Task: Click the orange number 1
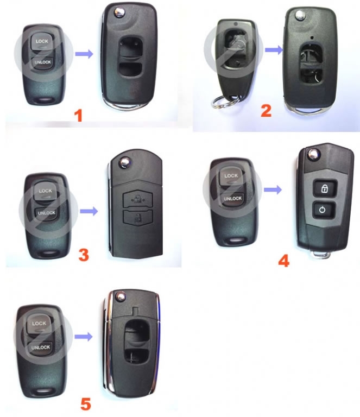(78, 116)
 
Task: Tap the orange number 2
(266, 111)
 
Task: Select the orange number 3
(84, 255)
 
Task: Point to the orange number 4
(283, 261)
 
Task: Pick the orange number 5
(86, 404)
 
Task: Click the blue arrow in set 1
(84, 54)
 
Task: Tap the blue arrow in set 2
(274, 50)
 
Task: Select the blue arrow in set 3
(89, 211)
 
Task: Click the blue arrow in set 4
(273, 189)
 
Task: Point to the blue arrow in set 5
(84, 337)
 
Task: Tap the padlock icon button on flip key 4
(325, 188)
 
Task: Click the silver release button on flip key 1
(119, 12)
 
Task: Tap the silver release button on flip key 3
(124, 162)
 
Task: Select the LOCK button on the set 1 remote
(42, 41)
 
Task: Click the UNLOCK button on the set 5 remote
(40, 347)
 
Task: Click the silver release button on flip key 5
(121, 296)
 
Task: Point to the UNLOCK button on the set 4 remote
(232, 199)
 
